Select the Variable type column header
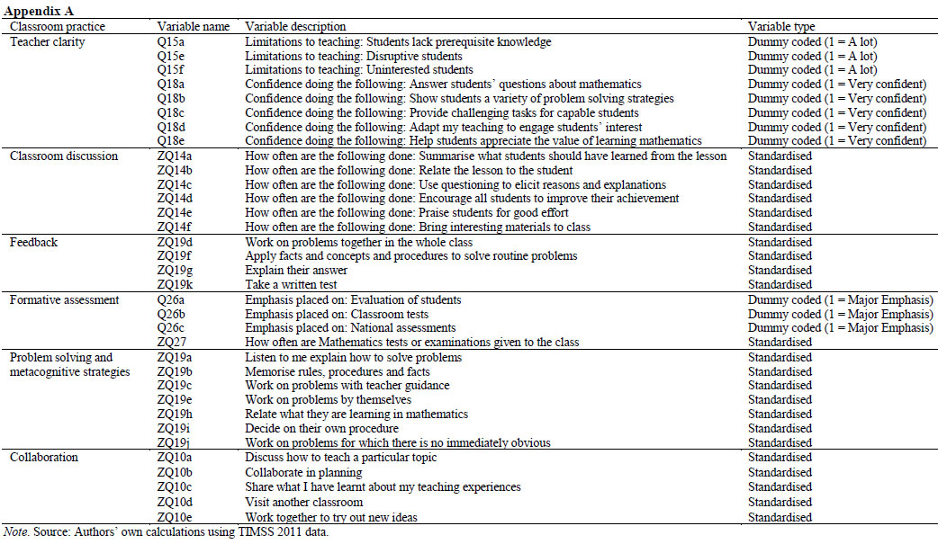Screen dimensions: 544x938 click(x=781, y=26)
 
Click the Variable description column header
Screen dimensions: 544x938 click(x=295, y=26)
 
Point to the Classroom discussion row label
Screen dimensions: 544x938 click(x=64, y=156)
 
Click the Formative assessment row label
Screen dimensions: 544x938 click(x=65, y=299)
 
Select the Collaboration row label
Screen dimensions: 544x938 click(x=44, y=458)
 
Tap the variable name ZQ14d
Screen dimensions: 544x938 click(x=176, y=199)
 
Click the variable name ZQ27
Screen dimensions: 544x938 click(x=172, y=343)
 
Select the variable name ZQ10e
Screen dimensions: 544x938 click(x=176, y=517)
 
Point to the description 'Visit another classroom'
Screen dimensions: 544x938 click(x=304, y=503)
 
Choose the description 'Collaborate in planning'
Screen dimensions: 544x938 click(x=303, y=473)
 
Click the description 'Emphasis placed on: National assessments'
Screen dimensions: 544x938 click(x=351, y=328)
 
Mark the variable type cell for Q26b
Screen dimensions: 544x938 click(x=840, y=315)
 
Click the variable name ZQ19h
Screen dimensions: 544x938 click(x=176, y=415)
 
